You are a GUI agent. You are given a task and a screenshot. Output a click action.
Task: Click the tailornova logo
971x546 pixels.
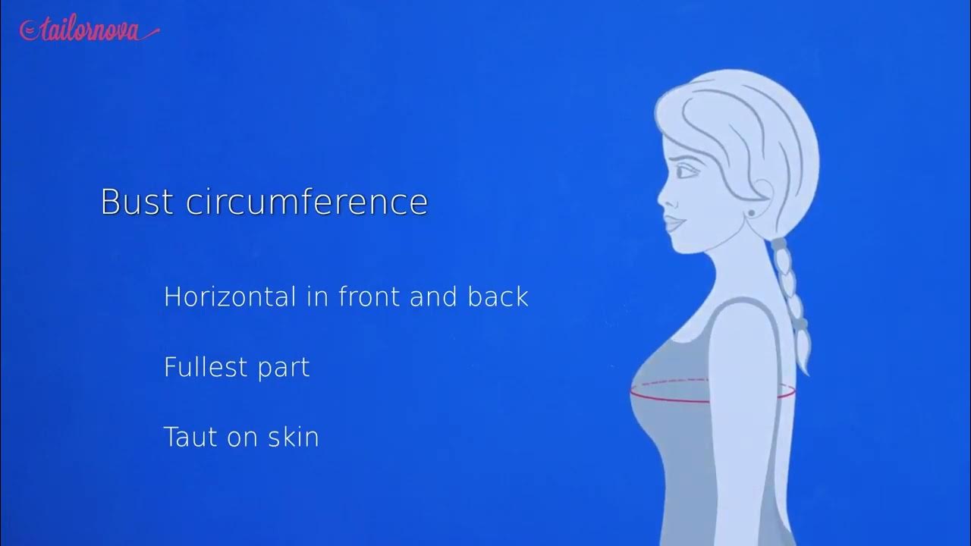click(90, 30)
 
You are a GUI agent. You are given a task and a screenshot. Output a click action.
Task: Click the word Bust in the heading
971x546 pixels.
click(137, 202)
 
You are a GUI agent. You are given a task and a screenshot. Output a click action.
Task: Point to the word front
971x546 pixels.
click(369, 296)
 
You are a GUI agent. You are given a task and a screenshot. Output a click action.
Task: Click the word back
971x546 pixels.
click(498, 296)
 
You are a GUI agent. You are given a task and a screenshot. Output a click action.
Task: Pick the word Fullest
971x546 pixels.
click(206, 367)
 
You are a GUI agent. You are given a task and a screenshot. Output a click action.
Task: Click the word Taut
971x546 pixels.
click(192, 437)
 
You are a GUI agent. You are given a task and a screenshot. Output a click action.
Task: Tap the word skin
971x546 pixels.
click(293, 437)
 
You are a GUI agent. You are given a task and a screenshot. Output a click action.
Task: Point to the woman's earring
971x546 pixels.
click(752, 213)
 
